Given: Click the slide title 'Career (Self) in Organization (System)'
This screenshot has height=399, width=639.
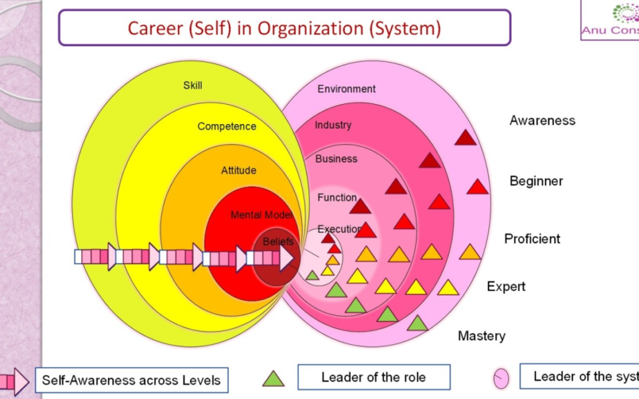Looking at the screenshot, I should pyautogui.click(x=284, y=28).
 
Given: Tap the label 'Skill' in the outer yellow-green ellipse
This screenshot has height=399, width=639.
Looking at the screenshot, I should pyautogui.click(x=192, y=85).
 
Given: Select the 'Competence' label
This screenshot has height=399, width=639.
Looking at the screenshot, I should pyautogui.click(x=227, y=126).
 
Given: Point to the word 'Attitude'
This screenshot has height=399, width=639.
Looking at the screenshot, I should pyautogui.click(x=238, y=170).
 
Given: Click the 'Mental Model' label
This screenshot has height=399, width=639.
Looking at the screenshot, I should pyautogui.click(x=262, y=215).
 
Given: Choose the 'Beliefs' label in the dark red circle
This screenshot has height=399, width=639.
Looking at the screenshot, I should pyautogui.click(x=278, y=242).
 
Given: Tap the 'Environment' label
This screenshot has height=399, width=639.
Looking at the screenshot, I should pyautogui.click(x=346, y=89).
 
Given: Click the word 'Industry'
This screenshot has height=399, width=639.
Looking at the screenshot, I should pyautogui.click(x=333, y=125).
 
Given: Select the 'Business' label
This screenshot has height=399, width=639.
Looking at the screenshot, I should pyautogui.click(x=336, y=159).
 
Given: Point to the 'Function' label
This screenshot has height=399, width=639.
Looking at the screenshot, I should pyautogui.click(x=337, y=197).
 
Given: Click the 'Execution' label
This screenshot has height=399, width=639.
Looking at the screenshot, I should pyautogui.click(x=339, y=229).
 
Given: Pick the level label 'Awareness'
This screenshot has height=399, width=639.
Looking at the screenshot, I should pyautogui.click(x=542, y=121).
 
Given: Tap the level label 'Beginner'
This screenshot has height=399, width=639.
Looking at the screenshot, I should pyautogui.click(x=536, y=181).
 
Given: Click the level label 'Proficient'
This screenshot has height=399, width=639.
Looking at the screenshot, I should pyautogui.click(x=532, y=239).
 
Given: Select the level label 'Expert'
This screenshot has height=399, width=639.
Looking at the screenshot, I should pyautogui.click(x=506, y=287).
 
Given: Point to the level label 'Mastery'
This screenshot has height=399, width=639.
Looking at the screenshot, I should pyautogui.click(x=482, y=336).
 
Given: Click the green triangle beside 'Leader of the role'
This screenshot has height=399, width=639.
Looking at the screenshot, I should pyautogui.click(x=273, y=379).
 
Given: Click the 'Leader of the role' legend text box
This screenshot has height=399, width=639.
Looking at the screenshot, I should pyautogui.click(x=373, y=377).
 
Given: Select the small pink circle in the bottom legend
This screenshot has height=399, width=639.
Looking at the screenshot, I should pyautogui.click(x=501, y=379).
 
